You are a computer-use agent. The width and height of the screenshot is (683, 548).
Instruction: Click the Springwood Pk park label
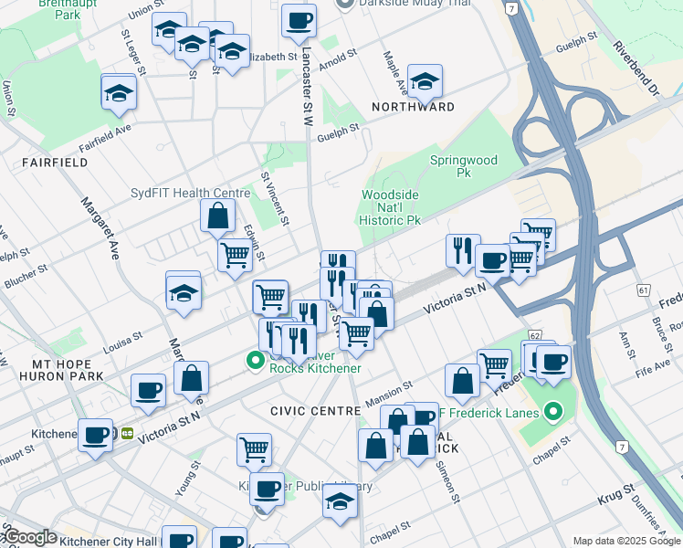click(x=463, y=166)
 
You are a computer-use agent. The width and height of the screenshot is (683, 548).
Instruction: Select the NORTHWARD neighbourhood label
click(x=413, y=107)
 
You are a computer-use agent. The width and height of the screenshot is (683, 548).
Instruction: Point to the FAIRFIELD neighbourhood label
click(x=50, y=162)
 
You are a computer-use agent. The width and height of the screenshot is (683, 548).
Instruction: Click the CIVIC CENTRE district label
click(x=315, y=411)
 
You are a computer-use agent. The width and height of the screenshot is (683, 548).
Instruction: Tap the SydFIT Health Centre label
click(x=204, y=193)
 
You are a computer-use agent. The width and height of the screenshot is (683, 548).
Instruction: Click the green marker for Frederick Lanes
click(x=552, y=413)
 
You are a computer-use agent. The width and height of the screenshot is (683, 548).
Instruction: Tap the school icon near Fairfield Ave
click(x=119, y=92)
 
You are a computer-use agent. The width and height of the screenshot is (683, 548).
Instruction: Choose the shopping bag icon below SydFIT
click(x=218, y=216)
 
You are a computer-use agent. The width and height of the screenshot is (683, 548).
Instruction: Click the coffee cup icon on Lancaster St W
click(x=299, y=19)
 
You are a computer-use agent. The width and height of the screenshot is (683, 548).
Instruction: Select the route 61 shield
click(x=644, y=290)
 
